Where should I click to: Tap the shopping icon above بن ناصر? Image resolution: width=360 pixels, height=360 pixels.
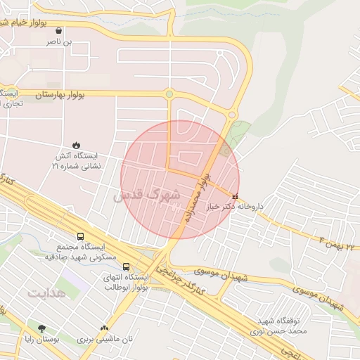pyautogui.click(x=58, y=31)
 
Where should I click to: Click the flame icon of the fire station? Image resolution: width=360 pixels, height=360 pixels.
pyautogui.click(x=76, y=144)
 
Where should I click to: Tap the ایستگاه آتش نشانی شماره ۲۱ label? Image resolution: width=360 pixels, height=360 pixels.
pyautogui.click(x=76, y=160)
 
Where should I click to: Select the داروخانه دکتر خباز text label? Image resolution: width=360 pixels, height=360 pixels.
pyautogui.click(x=233, y=207)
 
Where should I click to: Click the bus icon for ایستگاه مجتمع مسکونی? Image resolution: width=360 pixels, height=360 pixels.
pyautogui.click(x=80, y=237)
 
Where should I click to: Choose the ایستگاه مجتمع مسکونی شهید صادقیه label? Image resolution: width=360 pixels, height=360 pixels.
pyautogui.click(x=79, y=253)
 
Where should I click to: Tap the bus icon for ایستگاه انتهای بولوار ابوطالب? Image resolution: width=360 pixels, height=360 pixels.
pyautogui.click(x=126, y=267)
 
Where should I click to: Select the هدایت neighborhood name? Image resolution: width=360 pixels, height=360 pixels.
pyautogui.click(x=47, y=291)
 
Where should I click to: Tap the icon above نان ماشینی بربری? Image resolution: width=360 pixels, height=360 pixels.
pyautogui.click(x=105, y=328)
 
